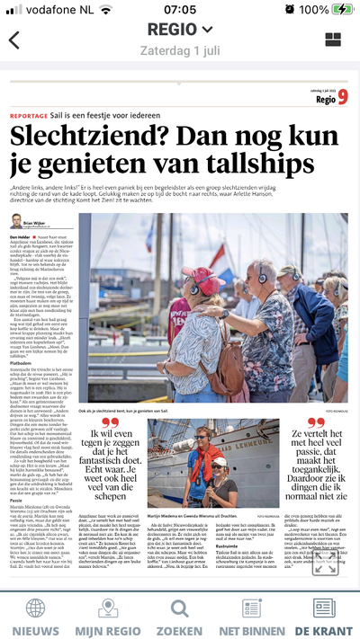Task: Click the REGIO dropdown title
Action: (180, 29)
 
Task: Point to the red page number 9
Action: (343, 98)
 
